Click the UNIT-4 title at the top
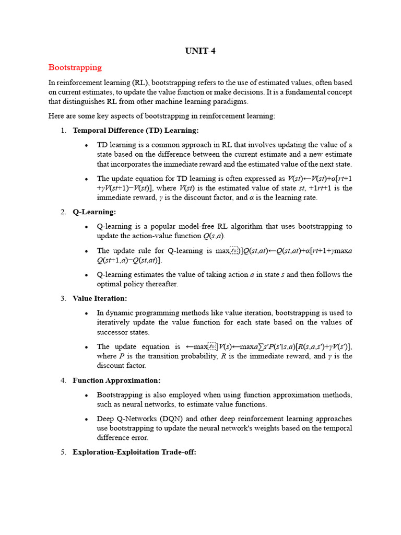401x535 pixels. pyautogui.click(x=200, y=51)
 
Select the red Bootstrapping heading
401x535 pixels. pyautogui.click(x=75, y=67)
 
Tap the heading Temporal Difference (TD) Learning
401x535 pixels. pyautogui.click(x=136, y=130)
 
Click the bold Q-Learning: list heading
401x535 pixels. pyautogui.click(x=95, y=212)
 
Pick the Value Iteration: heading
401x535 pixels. pyautogui.click(x=100, y=298)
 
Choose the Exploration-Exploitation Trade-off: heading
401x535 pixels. pyautogui.click(x=134, y=452)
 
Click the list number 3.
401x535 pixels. pyautogui.click(x=63, y=298)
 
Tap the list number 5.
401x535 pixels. pyautogui.click(x=63, y=452)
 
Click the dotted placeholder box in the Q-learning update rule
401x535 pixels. pyautogui.click(x=235, y=251)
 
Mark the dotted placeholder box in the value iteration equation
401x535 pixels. pyautogui.click(x=213, y=346)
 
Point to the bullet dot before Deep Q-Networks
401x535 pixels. pyautogui.click(x=86, y=419)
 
